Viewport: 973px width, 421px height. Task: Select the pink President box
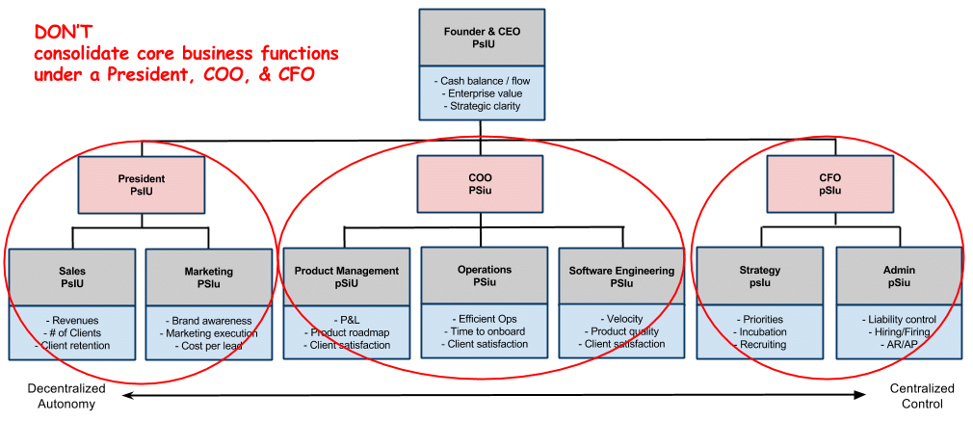click(x=142, y=184)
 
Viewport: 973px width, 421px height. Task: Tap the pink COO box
click(x=480, y=184)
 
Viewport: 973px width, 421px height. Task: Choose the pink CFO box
click(x=830, y=184)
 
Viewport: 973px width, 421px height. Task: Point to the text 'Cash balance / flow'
click(x=482, y=81)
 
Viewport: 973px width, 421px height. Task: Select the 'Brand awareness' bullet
click(x=209, y=321)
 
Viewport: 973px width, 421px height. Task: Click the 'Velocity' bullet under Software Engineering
click(x=621, y=319)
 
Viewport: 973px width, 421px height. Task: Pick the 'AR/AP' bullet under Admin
click(x=899, y=344)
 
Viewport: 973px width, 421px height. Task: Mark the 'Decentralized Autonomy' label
click(x=66, y=396)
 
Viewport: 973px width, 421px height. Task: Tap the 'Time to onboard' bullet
click(x=485, y=331)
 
